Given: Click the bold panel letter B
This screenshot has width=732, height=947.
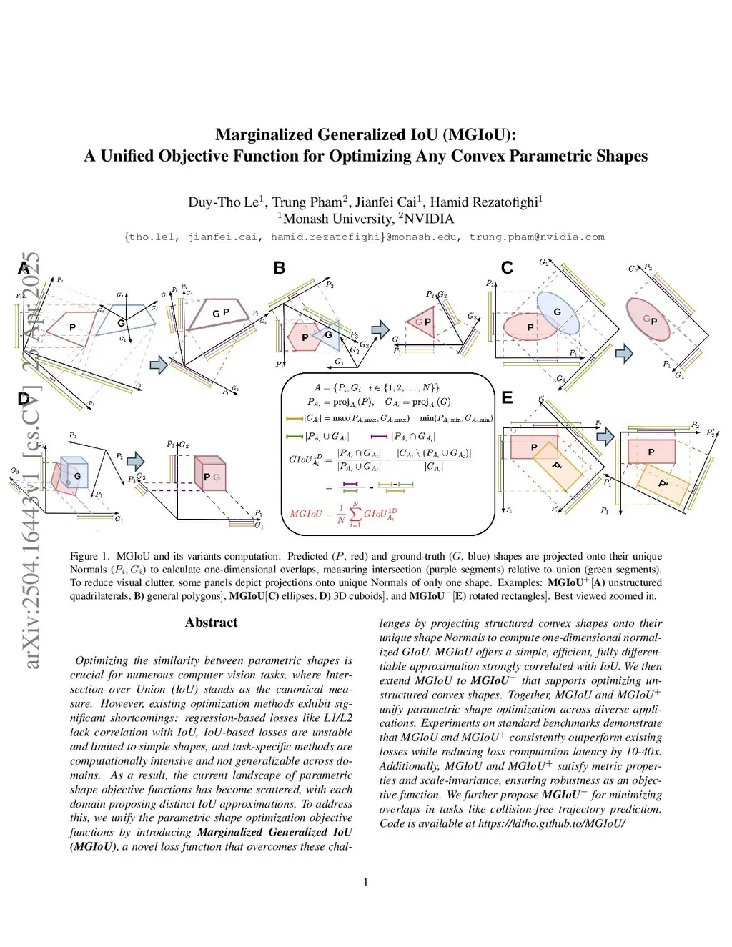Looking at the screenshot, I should pos(280,268).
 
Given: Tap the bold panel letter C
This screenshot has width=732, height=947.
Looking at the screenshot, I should pos(507,268).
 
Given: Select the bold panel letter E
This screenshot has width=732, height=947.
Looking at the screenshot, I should pos(507,397).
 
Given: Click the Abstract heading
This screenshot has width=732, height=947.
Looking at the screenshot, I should pos(211,623).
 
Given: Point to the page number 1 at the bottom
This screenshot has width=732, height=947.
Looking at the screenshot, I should pos(366,883).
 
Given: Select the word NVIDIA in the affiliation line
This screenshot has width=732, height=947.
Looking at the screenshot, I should pos(429,219).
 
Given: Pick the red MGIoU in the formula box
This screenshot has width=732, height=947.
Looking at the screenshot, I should pos(305,514).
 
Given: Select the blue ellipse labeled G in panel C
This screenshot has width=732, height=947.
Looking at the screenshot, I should pos(558,313).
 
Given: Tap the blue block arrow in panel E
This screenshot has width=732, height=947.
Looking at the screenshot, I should pos(605,435).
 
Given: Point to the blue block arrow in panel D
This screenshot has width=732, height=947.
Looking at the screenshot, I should pos(135,461).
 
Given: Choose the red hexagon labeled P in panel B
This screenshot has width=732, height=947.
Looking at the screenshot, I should pos(303,337).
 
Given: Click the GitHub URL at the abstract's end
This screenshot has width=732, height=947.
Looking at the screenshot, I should pos(552,823).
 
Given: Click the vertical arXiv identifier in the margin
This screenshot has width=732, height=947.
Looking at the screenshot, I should pos(31,461).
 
